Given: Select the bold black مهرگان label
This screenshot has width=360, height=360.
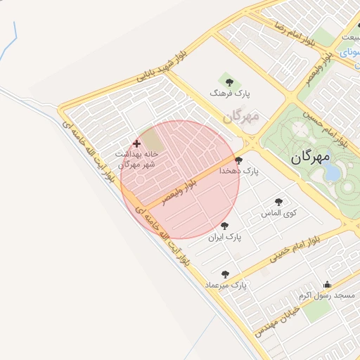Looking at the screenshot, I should [309, 158].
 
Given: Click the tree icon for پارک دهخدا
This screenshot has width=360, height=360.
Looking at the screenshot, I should [238, 160].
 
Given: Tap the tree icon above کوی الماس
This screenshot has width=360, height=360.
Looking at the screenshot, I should [278, 202].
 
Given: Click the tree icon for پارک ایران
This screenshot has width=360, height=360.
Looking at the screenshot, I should [224, 226].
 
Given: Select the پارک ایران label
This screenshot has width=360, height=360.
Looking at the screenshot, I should [224, 238].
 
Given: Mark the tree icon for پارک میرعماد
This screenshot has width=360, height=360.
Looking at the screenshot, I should [225, 274].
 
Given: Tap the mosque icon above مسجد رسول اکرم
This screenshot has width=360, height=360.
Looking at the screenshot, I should [327, 285].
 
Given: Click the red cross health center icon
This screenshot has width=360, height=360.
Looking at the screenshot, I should [136, 143].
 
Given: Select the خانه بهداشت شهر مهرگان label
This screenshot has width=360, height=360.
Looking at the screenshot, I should [136, 158].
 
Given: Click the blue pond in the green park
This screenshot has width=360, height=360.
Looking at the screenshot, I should [331, 169].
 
